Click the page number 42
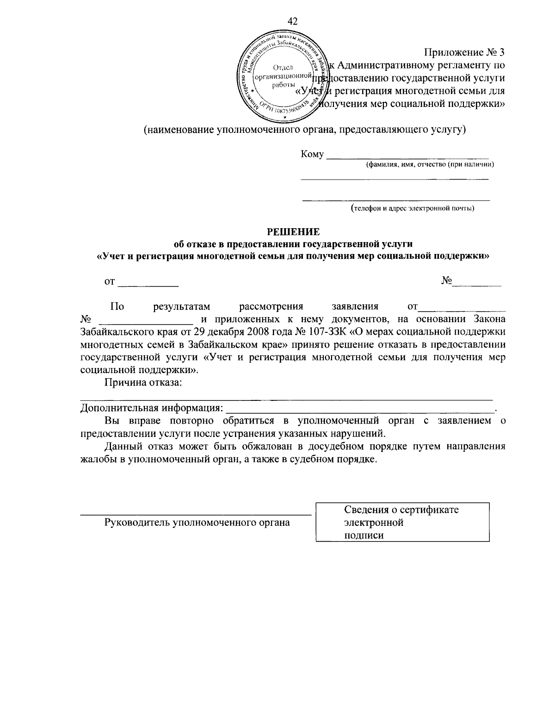292,21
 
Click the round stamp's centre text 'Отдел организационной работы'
283,76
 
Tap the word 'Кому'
312,154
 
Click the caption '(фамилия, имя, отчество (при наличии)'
430,164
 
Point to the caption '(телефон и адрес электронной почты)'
412,208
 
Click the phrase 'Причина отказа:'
143,382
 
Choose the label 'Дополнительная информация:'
151,408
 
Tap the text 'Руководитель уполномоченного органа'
197,523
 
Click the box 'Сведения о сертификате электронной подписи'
402,522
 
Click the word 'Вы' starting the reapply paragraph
111,421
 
